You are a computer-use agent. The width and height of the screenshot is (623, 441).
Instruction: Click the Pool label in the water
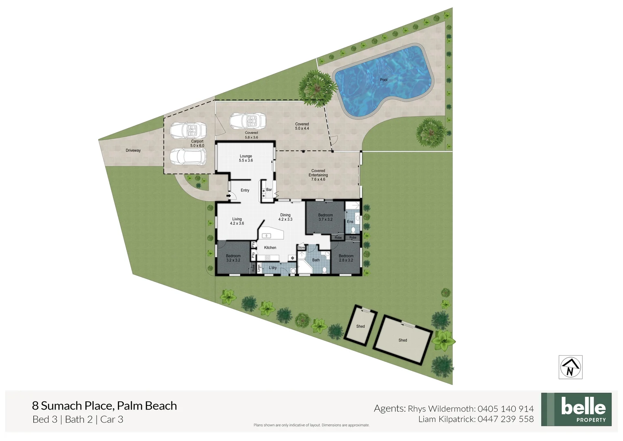pos(384,80)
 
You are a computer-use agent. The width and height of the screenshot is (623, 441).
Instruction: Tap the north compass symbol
pos(570,367)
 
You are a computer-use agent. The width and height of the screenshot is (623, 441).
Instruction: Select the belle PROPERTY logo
pos(576,410)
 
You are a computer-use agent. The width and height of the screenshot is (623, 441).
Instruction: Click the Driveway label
pos(133,151)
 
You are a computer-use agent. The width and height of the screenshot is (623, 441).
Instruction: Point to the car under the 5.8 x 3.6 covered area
pos(247,120)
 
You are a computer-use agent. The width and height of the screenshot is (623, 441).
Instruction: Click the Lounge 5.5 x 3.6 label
pos(246,158)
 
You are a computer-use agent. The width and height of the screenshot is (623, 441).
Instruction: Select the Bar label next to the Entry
pos(269,190)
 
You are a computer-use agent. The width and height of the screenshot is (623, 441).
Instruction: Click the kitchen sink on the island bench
pos(267,236)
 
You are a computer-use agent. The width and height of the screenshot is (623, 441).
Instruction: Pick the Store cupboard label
pos(301,248)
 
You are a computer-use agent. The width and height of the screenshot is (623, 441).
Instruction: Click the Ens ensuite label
pos(350,222)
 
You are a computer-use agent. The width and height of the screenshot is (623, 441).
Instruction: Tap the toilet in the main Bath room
pos(325,269)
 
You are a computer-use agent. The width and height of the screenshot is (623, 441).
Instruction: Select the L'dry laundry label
pos(273,268)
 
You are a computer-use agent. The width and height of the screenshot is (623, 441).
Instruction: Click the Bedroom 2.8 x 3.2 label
pos(346,258)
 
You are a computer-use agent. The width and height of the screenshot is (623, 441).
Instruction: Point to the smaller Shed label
pos(360,326)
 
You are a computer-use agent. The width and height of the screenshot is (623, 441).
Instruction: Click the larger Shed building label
pos(402,340)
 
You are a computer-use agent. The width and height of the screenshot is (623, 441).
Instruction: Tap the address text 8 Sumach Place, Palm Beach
pos(104,406)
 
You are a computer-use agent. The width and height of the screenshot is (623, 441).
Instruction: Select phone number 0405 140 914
pos(505,409)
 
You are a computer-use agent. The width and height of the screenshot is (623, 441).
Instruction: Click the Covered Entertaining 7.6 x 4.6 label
pos(318,175)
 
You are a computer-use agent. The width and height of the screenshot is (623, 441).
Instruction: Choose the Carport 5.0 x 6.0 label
pos(197,143)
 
